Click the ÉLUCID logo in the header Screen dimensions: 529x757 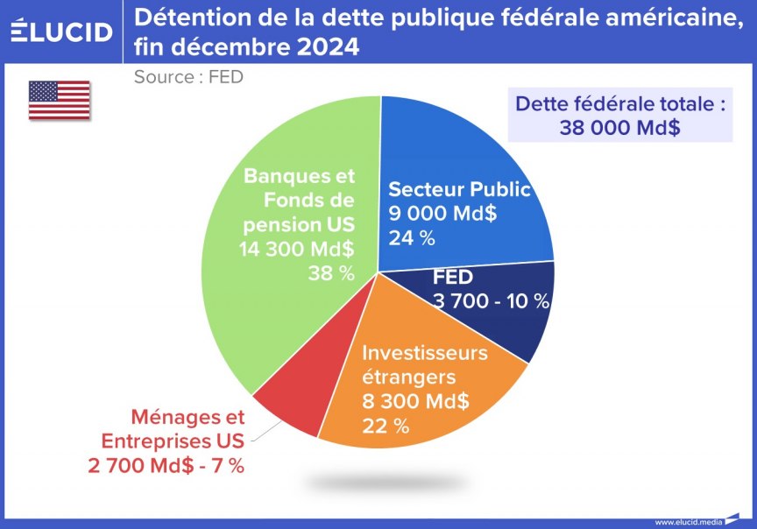pyautogui.click(x=61, y=32)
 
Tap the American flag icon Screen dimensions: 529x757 pyautogui.click(x=60, y=100)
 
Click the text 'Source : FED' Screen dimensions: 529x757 pyautogui.click(x=188, y=77)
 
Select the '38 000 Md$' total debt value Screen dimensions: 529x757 pyautogui.click(x=620, y=128)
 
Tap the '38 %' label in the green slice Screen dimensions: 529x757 pyautogui.click(x=331, y=273)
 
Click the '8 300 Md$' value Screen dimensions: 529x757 pyautogui.click(x=415, y=403)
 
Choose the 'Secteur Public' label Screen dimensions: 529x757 pyautogui.click(x=459, y=189)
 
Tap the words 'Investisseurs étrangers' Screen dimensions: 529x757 pyautogui.click(x=424, y=365)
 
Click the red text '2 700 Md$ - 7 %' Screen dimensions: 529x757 pyautogui.click(x=166, y=465)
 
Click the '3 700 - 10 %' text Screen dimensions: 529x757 pyautogui.click(x=491, y=301)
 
